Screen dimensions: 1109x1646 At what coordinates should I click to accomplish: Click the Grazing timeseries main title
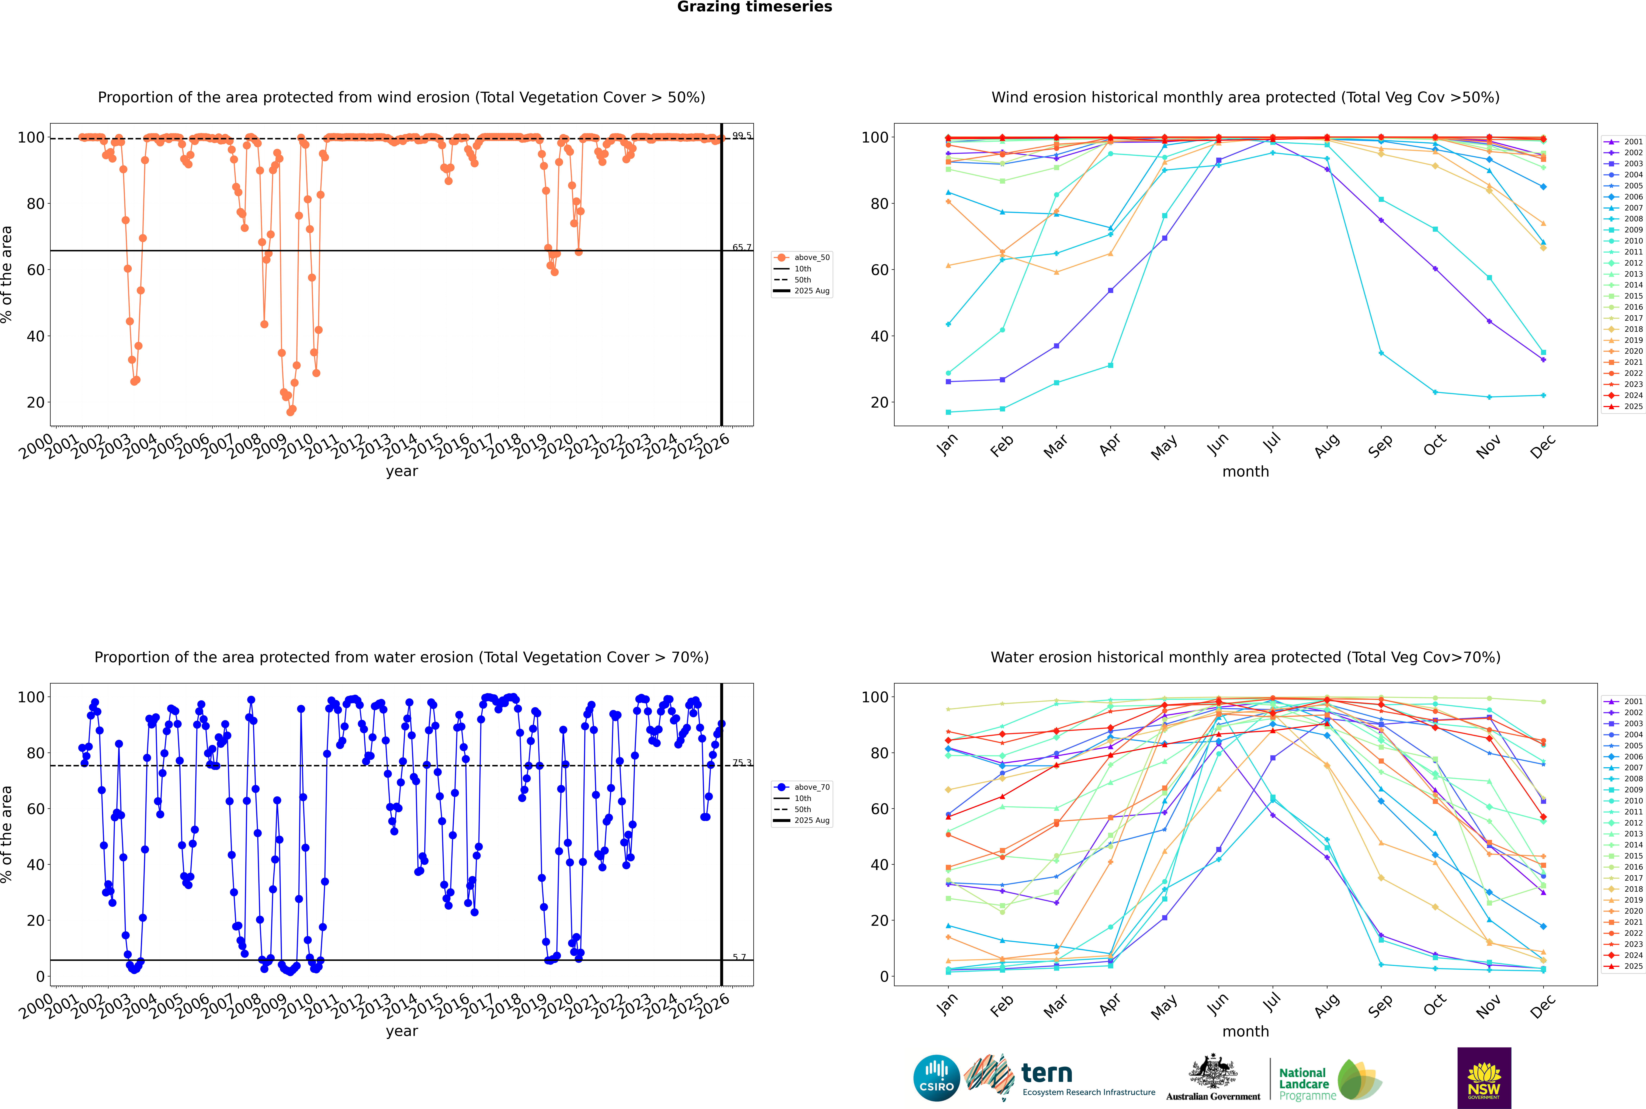[x=754, y=7]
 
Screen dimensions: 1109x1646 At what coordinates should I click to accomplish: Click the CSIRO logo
[x=936, y=1078]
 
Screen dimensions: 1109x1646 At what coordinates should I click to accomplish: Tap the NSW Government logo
[x=1484, y=1077]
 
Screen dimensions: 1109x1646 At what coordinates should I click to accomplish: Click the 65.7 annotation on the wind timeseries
[x=742, y=247]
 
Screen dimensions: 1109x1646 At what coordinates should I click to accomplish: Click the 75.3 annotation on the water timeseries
[x=742, y=763]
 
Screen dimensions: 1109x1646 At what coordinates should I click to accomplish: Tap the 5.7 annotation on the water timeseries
[x=739, y=957]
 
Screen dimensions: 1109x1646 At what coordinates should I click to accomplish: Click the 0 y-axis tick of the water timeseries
[x=40, y=977]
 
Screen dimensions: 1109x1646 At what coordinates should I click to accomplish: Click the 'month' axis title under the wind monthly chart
[x=1245, y=472]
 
